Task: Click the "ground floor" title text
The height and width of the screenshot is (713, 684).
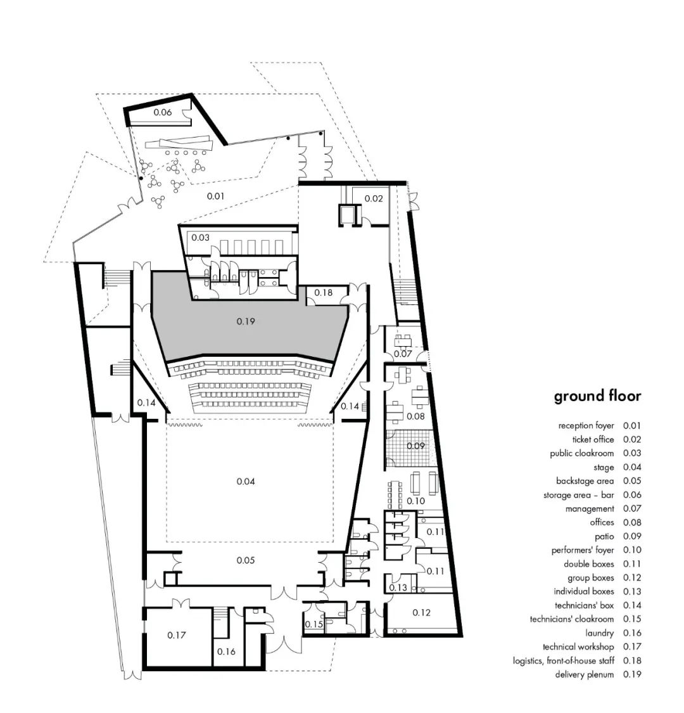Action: point(597,397)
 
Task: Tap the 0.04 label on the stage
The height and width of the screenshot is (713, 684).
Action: point(246,482)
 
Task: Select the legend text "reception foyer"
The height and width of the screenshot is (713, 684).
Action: point(586,426)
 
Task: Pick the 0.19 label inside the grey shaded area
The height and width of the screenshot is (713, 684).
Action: point(246,321)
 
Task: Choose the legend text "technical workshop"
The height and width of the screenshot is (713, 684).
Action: point(578,646)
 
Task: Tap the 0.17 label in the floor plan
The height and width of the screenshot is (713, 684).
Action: point(177,634)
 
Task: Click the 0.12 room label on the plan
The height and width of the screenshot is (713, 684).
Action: point(421,612)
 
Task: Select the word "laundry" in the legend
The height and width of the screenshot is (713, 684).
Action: point(599,633)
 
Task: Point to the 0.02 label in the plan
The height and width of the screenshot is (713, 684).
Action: point(374,198)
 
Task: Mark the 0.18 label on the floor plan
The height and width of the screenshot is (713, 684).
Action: point(323,293)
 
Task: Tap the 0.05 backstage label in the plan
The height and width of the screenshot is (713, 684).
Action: point(246,560)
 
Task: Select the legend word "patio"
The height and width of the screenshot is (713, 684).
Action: point(604,536)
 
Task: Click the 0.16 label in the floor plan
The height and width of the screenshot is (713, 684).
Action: point(226,652)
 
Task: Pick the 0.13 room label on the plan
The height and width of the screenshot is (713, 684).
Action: point(398,588)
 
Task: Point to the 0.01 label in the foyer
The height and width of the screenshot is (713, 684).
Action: point(216,196)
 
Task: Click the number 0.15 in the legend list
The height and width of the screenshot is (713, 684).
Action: point(631,619)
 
